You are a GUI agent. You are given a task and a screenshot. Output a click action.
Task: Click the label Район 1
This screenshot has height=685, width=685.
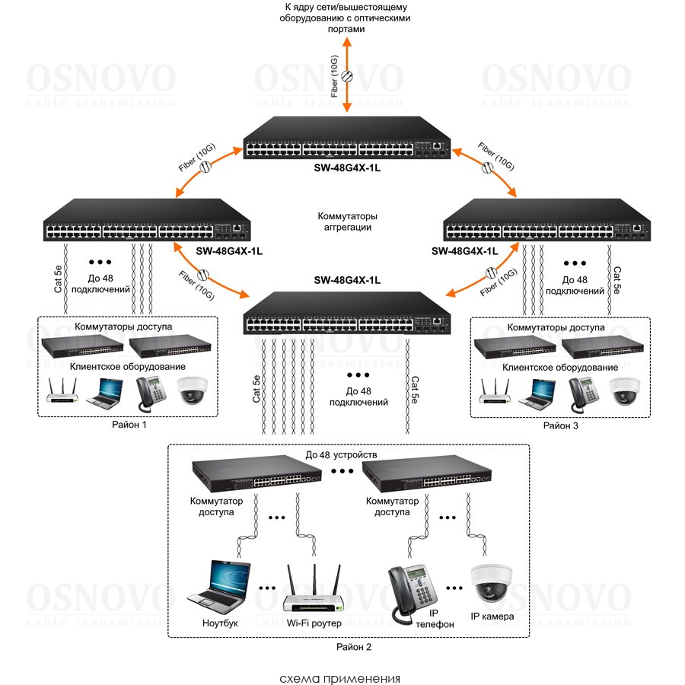pyautogui.click(x=129, y=425)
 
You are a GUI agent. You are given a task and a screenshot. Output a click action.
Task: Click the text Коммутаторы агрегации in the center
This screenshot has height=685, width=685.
pyautogui.click(x=346, y=221)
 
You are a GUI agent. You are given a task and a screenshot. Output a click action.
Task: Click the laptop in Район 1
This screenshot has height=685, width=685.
pyautogui.click(x=107, y=390)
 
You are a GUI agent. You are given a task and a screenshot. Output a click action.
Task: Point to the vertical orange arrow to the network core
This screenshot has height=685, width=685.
pyautogui.click(x=348, y=76)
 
